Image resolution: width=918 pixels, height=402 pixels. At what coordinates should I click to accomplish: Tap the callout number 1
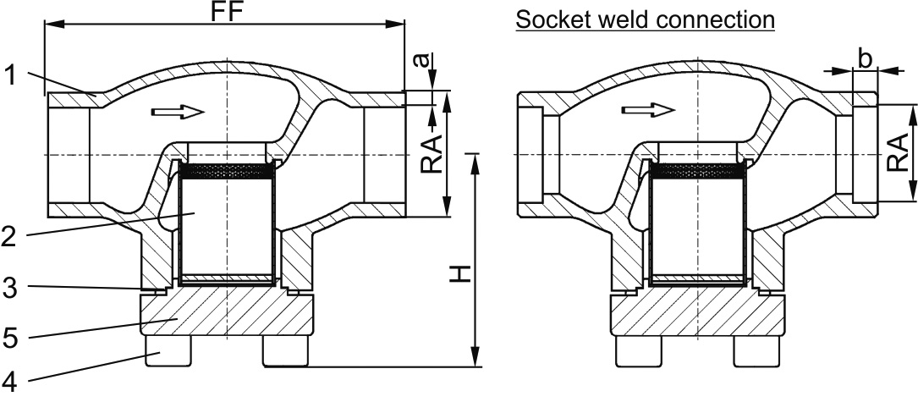[x=9, y=76]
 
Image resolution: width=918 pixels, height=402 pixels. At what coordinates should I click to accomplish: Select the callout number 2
[x=9, y=235]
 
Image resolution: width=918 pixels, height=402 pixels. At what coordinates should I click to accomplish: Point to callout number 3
[x=9, y=287]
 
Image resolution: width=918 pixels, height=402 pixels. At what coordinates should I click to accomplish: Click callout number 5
[x=9, y=337]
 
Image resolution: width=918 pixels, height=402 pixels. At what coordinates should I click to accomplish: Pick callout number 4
[x=9, y=385]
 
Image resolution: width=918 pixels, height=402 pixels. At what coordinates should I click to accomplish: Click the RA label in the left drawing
[x=432, y=153]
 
